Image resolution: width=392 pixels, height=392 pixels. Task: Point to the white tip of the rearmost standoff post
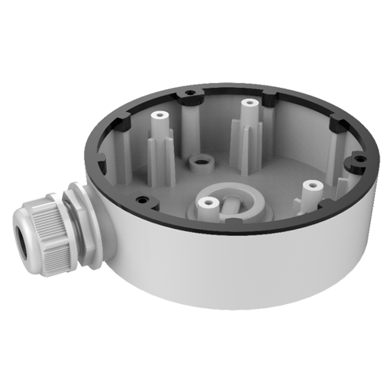pyautogui.click(x=249, y=103)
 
